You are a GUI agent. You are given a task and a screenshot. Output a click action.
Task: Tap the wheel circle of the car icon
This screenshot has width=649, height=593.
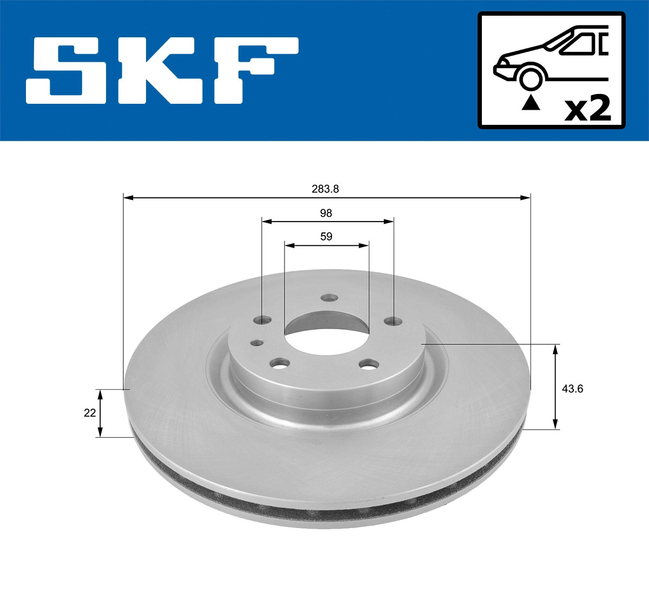click(x=531, y=78)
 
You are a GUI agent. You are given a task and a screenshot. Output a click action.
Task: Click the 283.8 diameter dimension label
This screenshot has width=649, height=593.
click(x=325, y=189)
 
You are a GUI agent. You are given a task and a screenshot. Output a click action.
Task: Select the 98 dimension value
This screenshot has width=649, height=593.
click(x=326, y=213)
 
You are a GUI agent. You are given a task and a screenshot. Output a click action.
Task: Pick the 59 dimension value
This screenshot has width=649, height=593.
click(x=326, y=237)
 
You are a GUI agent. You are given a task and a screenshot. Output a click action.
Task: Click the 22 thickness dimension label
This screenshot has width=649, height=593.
click(x=90, y=413)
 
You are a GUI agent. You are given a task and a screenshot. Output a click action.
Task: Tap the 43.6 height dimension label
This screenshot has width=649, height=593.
click(x=572, y=388)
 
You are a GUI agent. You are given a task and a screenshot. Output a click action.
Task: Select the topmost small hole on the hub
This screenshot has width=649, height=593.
click(x=328, y=298)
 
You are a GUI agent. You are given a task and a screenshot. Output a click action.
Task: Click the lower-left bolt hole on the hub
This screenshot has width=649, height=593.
click(x=280, y=364)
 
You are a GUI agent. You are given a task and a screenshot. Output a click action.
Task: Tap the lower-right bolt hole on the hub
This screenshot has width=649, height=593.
click(x=369, y=365)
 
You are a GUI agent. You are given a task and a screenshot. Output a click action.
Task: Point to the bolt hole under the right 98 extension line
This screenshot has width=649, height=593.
click(x=393, y=322)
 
